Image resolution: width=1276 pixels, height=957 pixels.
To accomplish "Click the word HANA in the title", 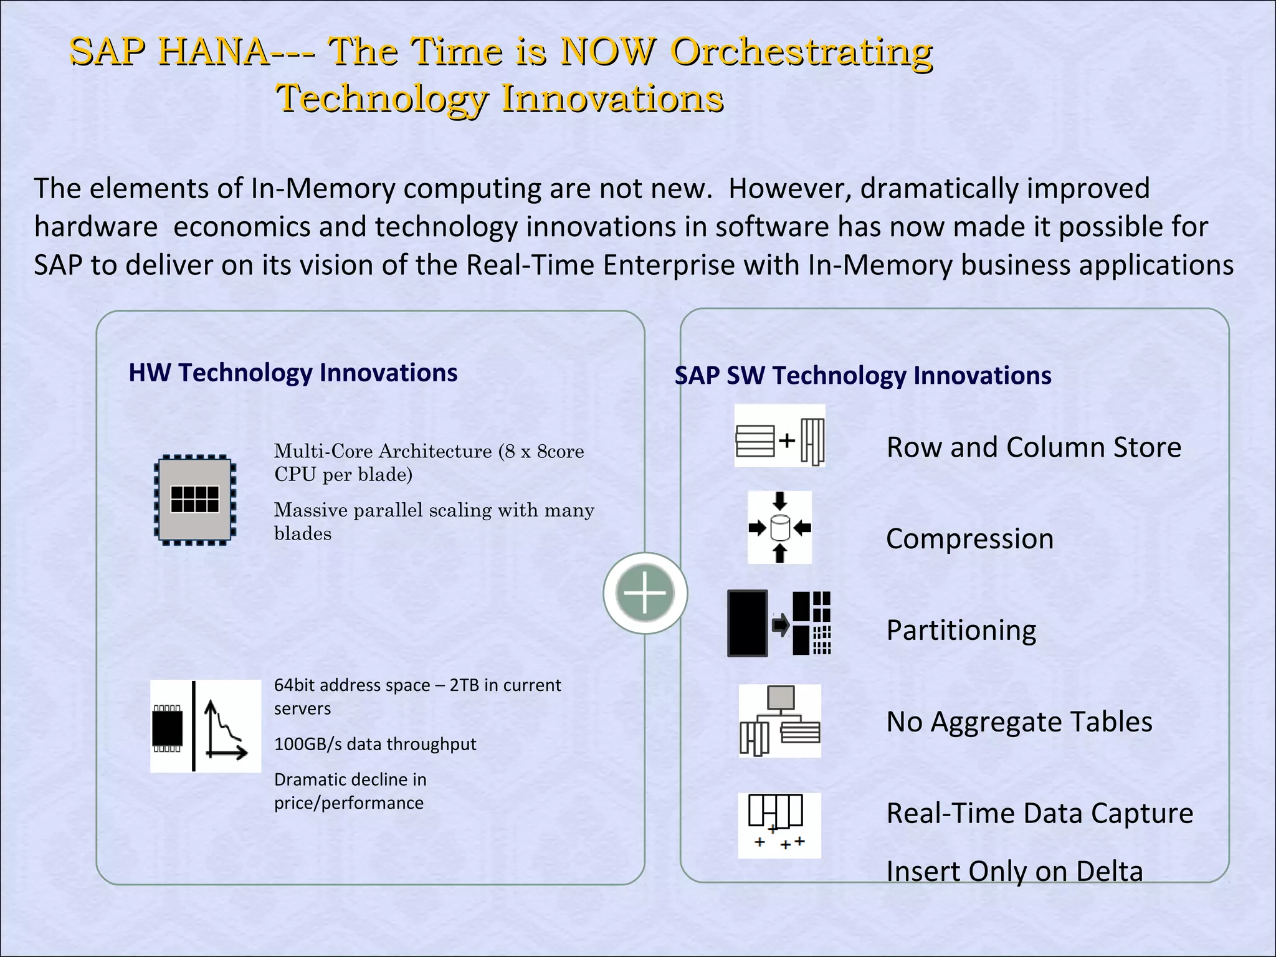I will pyautogui.click(x=214, y=51).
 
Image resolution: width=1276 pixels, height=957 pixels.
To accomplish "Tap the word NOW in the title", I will pyautogui.click(x=608, y=51).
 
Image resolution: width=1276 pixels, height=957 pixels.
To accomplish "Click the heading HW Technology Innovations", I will pyautogui.click(x=293, y=373).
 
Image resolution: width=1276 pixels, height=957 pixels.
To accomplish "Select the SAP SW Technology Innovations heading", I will pyautogui.click(x=863, y=376).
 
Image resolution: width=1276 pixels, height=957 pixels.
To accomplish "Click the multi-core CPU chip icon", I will pyautogui.click(x=195, y=499).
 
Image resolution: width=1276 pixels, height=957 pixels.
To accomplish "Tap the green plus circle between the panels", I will pyautogui.click(x=645, y=593).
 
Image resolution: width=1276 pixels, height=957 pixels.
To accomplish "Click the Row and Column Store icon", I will pyautogui.click(x=780, y=436).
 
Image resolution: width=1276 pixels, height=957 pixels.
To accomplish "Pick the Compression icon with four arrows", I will pyautogui.click(x=780, y=528).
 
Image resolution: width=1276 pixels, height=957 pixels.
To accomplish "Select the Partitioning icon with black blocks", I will pyautogui.click(x=779, y=623).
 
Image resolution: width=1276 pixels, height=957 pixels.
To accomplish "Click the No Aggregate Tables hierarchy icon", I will pyautogui.click(x=780, y=721).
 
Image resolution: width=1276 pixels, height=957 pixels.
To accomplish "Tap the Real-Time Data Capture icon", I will pyautogui.click(x=779, y=825).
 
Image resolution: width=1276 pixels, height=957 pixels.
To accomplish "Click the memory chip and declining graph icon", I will pyautogui.click(x=205, y=726).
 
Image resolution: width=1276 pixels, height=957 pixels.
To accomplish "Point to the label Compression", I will pyautogui.click(x=969, y=539).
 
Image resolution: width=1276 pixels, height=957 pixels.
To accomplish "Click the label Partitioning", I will pyautogui.click(x=961, y=631).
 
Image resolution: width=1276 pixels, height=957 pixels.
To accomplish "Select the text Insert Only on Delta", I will pyautogui.click(x=1014, y=871).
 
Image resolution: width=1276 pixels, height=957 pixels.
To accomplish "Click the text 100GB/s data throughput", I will pyautogui.click(x=375, y=744).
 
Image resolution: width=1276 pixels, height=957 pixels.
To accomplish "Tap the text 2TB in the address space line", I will pyautogui.click(x=464, y=685).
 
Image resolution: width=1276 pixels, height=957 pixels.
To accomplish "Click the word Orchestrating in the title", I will pyautogui.click(x=801, y=51).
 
